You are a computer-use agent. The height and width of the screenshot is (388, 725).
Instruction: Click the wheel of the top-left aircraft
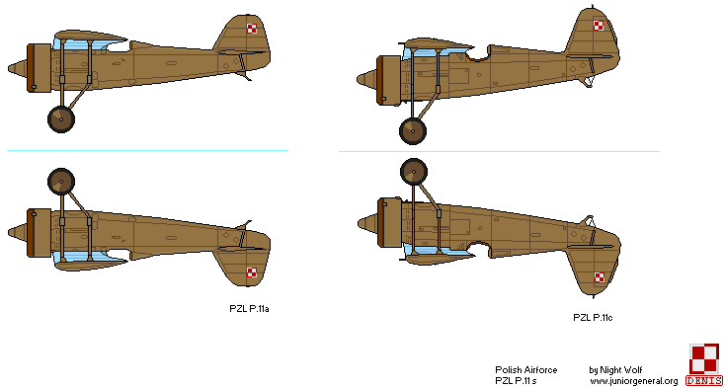[x=61, y=117]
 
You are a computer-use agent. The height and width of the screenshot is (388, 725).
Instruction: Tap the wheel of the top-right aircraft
[x=412, y=130]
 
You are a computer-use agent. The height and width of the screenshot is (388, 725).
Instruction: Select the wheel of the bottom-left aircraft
[x=61, y=183]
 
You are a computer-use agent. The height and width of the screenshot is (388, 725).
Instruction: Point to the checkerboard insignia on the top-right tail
[x=599, y=26]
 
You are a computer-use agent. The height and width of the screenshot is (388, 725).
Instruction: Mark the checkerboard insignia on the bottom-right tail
[x=599, y=276]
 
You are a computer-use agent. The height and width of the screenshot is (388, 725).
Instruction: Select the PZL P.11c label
[x=594, y=317]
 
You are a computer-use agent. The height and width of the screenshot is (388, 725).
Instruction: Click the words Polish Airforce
[x=526, y=370]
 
